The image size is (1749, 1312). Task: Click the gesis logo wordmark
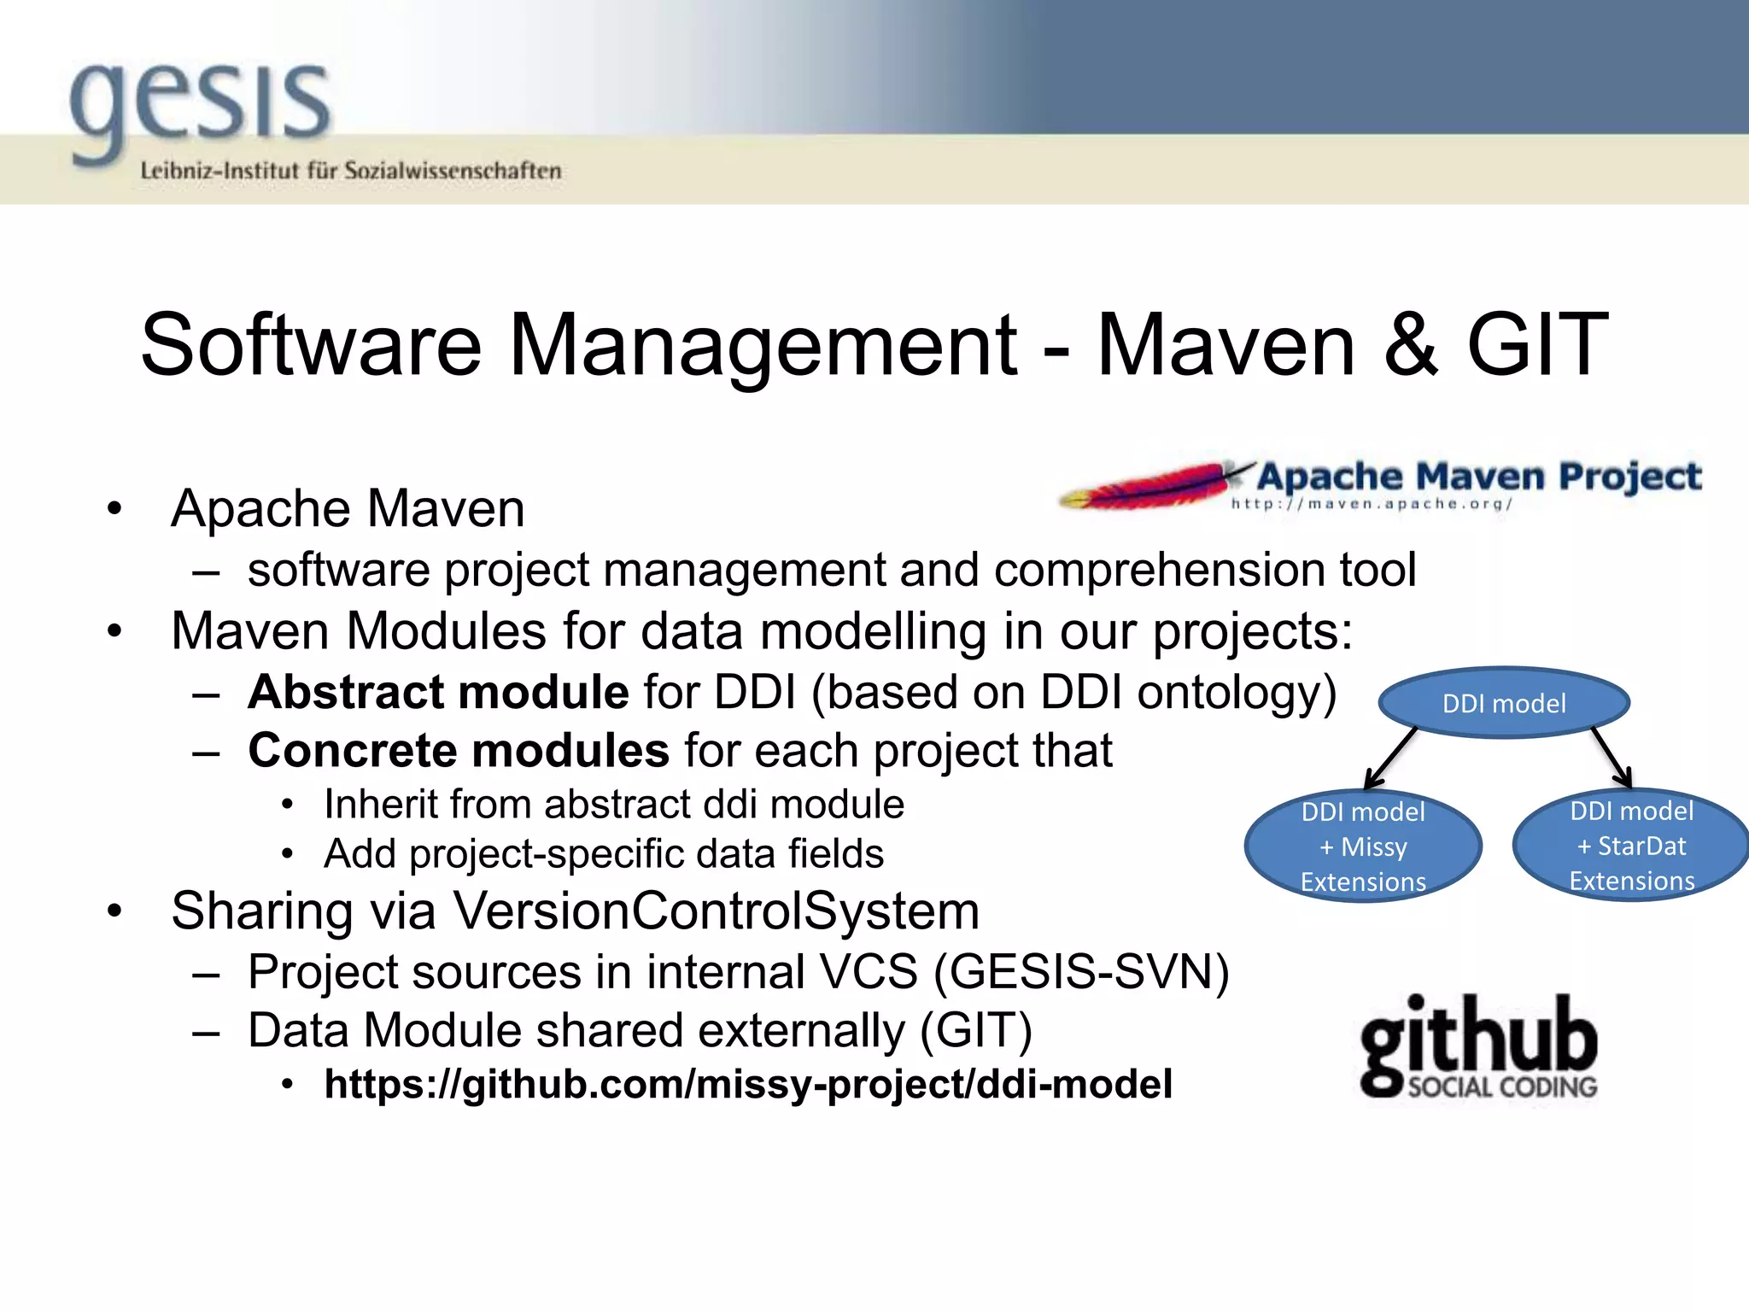pos(200,107)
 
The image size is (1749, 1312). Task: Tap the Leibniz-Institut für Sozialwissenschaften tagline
pos(350,171)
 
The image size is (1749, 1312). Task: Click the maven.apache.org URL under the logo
pos(1372,504)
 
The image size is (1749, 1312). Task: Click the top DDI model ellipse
pos(1504,703)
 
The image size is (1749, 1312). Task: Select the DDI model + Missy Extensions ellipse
pos(1363,846)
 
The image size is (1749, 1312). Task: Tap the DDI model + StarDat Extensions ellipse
pos(1631,846)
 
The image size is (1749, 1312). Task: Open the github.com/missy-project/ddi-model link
pos(748,1084)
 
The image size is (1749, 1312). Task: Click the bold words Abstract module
pos(438,692)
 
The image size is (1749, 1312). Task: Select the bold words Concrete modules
pos(459,751)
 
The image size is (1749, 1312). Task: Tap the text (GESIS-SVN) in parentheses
pos(1081,972)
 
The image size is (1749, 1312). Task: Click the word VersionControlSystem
pos(716,911)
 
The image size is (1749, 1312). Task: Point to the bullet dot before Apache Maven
pos(114,510)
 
